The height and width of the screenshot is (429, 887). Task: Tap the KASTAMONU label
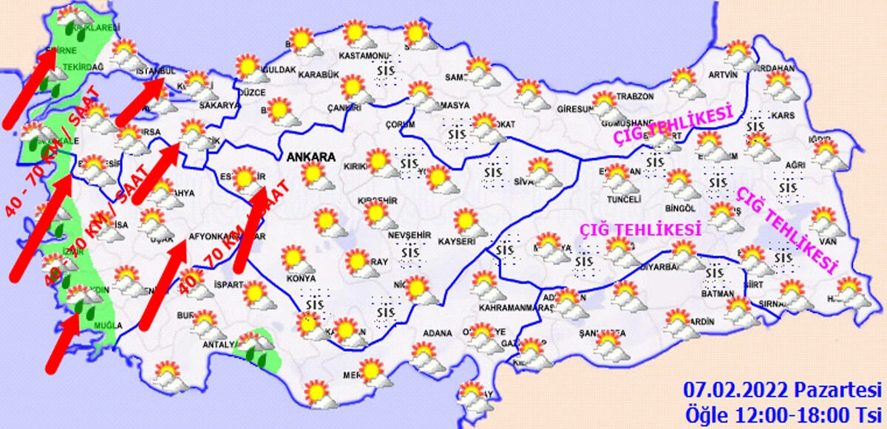point(363,56)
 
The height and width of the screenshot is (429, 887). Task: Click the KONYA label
point(302,279)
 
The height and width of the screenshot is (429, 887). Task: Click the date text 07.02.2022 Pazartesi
point(782,390)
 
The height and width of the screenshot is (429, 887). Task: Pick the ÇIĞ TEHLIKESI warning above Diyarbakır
point(640,230)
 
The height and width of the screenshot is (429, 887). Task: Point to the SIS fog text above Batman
point(714,274)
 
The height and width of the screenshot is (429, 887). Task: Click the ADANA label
point(436,333)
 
